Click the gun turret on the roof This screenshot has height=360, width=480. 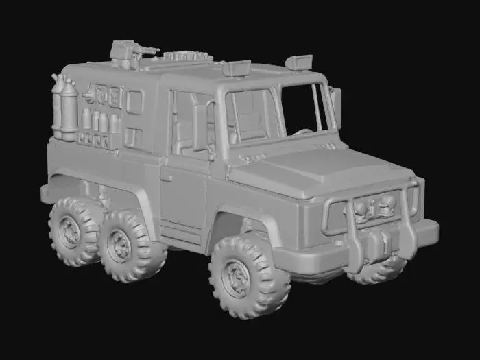pyautogui.click(x=130, y=52)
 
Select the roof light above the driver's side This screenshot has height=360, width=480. pyautogui.click(x=237, y=68)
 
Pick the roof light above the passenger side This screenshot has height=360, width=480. pyautogui.click(x=300, y=62)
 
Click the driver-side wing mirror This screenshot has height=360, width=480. pyautogui.click(x=201, y=126)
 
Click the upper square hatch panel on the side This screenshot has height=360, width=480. pyautogui.click(x=135, y=102)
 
